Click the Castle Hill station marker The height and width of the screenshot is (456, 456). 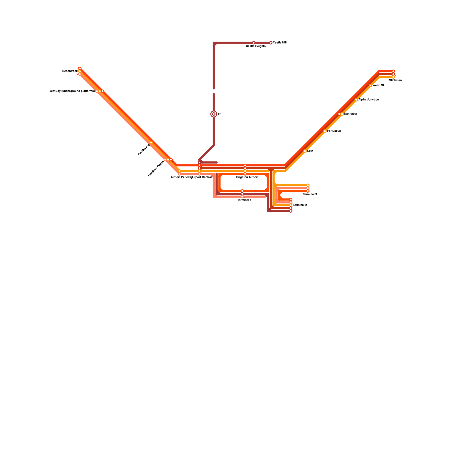pyautogui.click(x=271, y=43)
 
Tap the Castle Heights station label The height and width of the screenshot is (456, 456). pyautogui.click(x=256, y=46)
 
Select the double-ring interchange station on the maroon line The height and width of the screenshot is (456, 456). pyautogui.click(x=214, y=114)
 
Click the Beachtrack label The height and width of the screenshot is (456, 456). pyautogui.click(x=70, y=71)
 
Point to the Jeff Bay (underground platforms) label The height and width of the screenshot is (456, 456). pyautogui.click(x=72, y=91)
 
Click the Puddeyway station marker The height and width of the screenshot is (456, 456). pyautogui.click(x=151, y=142)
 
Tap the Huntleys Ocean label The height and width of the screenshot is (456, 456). pyautogui.click(x=156, y=169)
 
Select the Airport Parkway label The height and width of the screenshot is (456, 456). pyautogui.click(x=181, y=177)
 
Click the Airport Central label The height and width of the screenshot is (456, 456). pyautogui.click(x=202, y=177)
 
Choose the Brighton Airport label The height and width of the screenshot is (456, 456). pyautogui.click(x=247, y=177)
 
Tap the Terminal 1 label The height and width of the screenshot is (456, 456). pyautogui.click(x=244, y=200)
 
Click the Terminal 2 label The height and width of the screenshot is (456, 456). pyautogui.click(x=300, y=205)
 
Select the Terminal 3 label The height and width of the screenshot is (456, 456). pyautogui.click(x=310, y=194)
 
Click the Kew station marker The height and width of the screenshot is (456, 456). pyautogui.click(x=305, y=151)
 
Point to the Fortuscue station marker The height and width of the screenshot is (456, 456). pyautogui.click(x=325, y=131)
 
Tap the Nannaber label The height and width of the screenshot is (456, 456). pyautogui.click(x=351, y=114)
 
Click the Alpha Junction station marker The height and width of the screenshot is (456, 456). pyautogui.click(x=356, y=100)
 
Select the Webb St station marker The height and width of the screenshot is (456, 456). pyautogui.click(x=370, y=85)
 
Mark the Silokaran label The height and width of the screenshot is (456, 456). pyautogui.click(x=395, y=80)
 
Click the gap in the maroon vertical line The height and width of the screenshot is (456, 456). pyautogui.click(x=214, y=91)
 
